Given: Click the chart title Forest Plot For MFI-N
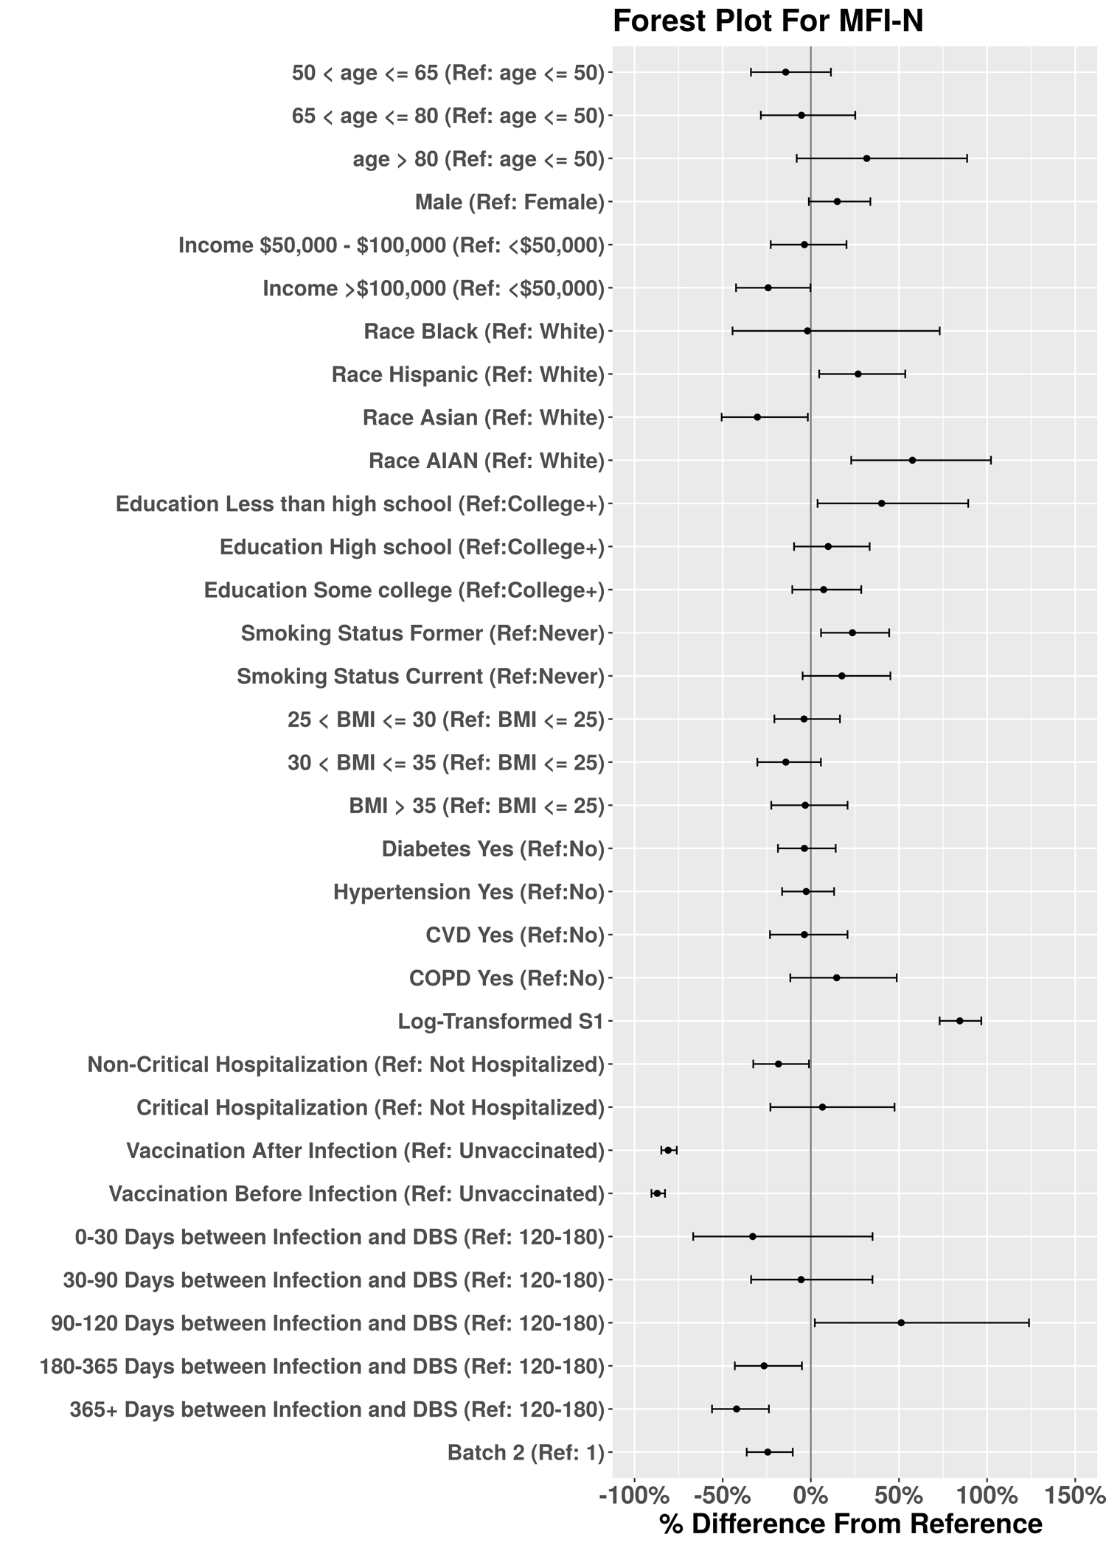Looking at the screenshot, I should pyautogui.click(x=768, y=21).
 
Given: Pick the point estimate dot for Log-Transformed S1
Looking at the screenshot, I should pyautogui.click(x=959, y=1021).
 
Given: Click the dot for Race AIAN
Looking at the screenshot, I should pyautogui.click(x=912, y=460).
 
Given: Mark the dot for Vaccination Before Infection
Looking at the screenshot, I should pyautogui.click(x=657, y=1193).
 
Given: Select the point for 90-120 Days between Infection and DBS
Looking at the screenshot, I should pyautogui.click(x=901, y=1323).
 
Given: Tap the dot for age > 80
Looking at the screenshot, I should pyautogui.click(x=866, y=158).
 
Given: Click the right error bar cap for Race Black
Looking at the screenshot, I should pyautogui.click(x=939, y=331).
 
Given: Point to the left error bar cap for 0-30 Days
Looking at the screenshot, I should pyautogui.click(x=693, y=1236).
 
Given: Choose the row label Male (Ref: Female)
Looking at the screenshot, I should pyautogui.click(x=509, y=202).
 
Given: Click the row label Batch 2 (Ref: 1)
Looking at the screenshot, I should pyautogui.click(x=526, y=1453).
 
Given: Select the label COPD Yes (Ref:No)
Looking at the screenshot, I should pyautogui.click(x=507, y=978).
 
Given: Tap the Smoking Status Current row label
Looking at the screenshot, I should pyautogui.click(x=420, y=676).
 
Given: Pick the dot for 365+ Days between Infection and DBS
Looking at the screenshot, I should pyautogui.click(x=736, y=1409).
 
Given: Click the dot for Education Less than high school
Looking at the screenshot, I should pyautogui.click(x=881, y=503).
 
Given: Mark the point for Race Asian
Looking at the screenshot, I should pyautogui.click(x=757, y=417).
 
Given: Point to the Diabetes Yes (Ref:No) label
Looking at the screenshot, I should pyautogui.click(x=493, y=849).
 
